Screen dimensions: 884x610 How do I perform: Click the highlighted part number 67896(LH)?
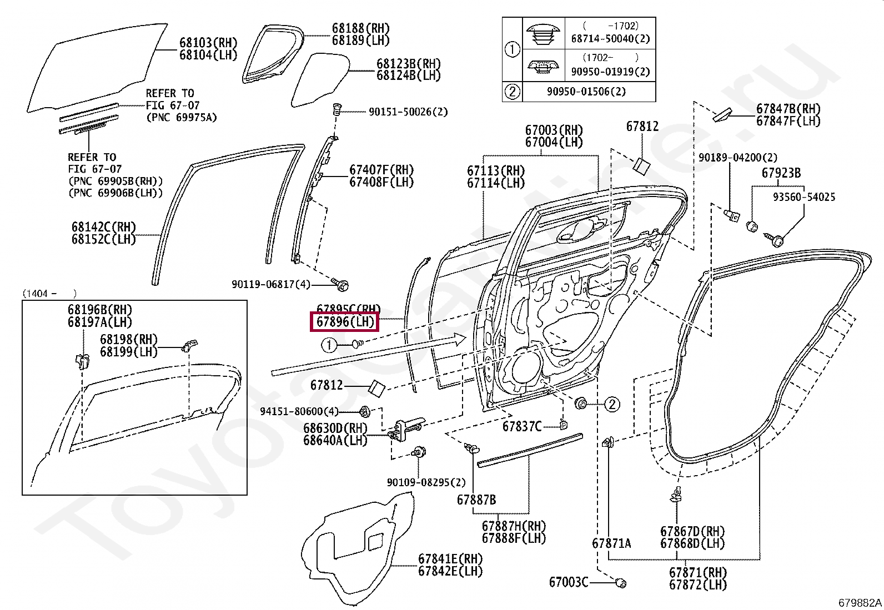coord(344,322)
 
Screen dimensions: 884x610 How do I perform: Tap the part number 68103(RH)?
coord(208,42)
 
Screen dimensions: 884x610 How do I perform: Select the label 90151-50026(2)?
coord(408,112)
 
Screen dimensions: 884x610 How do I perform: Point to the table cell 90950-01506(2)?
coord(586,92)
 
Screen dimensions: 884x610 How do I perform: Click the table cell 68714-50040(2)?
coord(610,39)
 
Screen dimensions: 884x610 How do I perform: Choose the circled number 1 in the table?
coord(513,49)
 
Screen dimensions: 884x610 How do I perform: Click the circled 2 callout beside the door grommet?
coord(612,404)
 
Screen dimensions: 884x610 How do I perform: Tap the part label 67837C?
coord(522,426)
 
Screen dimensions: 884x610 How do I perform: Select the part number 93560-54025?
coord(804,196)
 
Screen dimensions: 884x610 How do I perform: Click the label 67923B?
coord(781,173)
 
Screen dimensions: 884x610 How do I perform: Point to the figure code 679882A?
coord(860,602)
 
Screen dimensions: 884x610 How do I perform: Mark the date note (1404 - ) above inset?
coord(50,294)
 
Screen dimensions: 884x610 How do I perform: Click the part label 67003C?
coord(568,582)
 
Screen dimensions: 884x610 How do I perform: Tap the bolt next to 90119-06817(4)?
coord(340,284)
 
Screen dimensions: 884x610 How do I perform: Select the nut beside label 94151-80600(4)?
coord(365,411)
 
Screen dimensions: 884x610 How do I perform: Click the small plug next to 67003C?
coord(621,582)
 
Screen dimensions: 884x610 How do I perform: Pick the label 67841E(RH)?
coord(450,559)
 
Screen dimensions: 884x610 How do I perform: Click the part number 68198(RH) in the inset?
coord(129,339)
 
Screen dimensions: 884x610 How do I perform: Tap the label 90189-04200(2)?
coord(737,158)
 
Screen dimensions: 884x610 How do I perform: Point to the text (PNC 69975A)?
coord(182,118)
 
